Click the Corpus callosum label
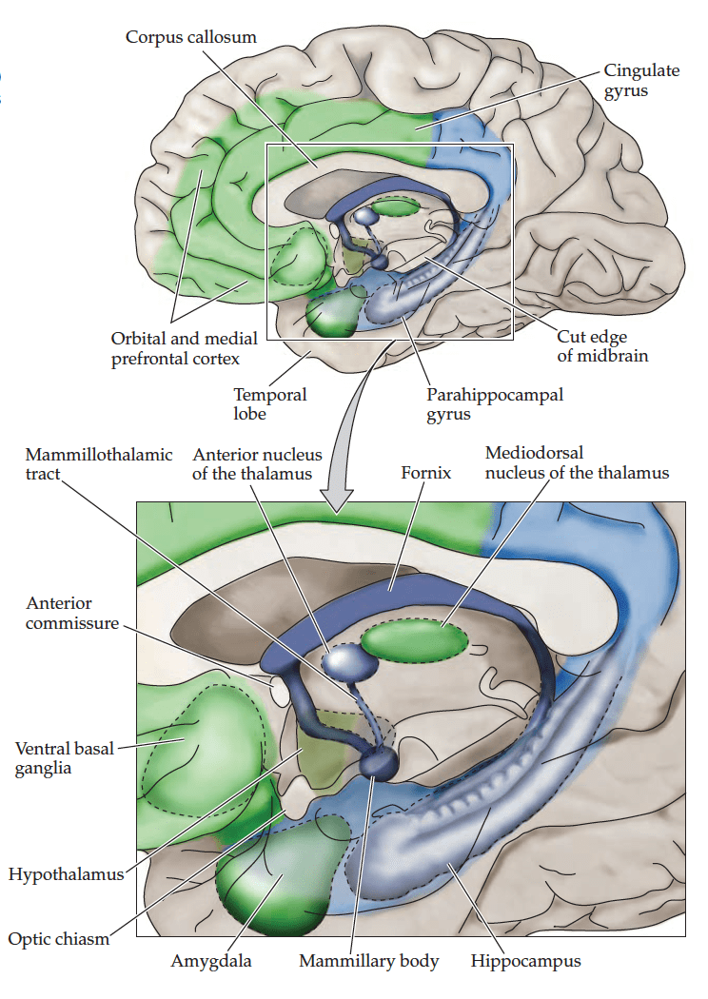pyautogui.click(x=191, y=36)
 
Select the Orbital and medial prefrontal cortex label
pyautogui.click(x=175, y=348)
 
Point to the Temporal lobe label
pyautogui.click(x=270, y=403)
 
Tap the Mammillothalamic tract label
pyautogui.click(x=98, y=463)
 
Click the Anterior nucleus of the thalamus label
pyautogui.click(x=257, y=463)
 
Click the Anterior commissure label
pyautogui.click(x=72, y=613)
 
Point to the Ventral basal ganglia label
pyautogui.click(x=64, y=757)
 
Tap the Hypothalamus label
pyautogui.click(x=66, y=873)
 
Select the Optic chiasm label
pyautogui.click(x=58, y=939)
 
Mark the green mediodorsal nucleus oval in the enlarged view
pyautogui.click(x=414, y=639)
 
